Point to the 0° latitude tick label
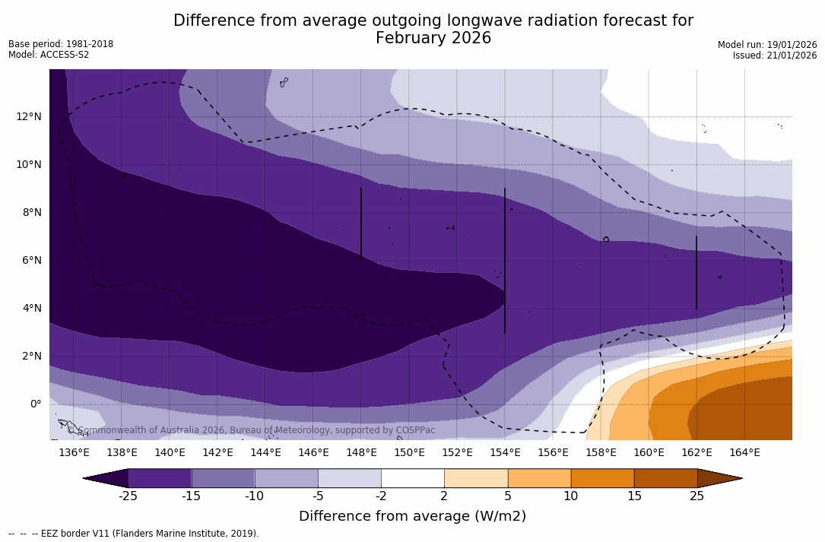pos(35,404)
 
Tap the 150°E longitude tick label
pos(409,453)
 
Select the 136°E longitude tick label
pos(74,453)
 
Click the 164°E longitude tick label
pos(744,453)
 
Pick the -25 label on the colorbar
pos(128,496)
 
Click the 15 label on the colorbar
pos(633,496)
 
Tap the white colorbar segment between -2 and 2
pos(412,478)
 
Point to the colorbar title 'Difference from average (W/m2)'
pos(412,516)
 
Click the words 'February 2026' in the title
pos(433,38)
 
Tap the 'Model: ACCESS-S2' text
pos(49,55)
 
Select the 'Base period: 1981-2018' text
pos(61,44)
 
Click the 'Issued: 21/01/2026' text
pos(775,55)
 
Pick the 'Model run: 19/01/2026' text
pos(767,45)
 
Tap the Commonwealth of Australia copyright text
pos(252,430)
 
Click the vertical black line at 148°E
pos(361,225)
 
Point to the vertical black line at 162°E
pos(696,272)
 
